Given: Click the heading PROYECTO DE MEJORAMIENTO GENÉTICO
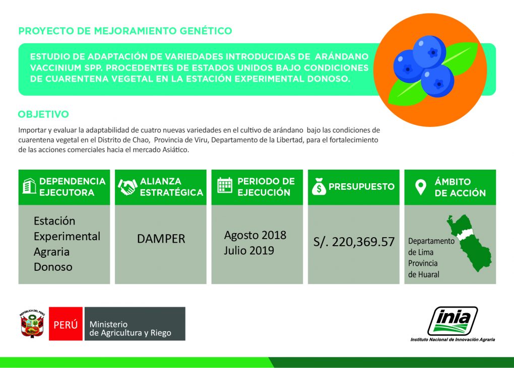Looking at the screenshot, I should [125, 31].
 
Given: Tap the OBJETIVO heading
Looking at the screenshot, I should [43, 114].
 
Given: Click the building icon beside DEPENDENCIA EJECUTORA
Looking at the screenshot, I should [29, 187].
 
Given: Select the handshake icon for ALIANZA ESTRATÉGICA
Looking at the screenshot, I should [127, 187].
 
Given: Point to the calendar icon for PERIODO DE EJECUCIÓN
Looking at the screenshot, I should [224, 186].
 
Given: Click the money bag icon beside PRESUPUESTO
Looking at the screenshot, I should [318, 187].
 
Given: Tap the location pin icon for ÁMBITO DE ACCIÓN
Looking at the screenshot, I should [420, 187].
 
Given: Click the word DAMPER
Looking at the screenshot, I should [161, 239].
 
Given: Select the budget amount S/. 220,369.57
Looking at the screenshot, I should [354, 242].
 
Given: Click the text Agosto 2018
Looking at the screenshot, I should [255, 235].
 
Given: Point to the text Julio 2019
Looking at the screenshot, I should [249, 250].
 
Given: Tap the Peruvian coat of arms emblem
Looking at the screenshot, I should [33, 324].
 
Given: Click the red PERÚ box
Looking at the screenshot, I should [66, 324].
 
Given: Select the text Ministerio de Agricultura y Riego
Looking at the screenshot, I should [130, 329].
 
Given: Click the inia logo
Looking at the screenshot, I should [452, 320].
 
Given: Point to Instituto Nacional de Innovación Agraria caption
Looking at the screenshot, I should [453, 340].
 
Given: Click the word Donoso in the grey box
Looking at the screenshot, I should [53, 267].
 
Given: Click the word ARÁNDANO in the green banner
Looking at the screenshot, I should [340, 56].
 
